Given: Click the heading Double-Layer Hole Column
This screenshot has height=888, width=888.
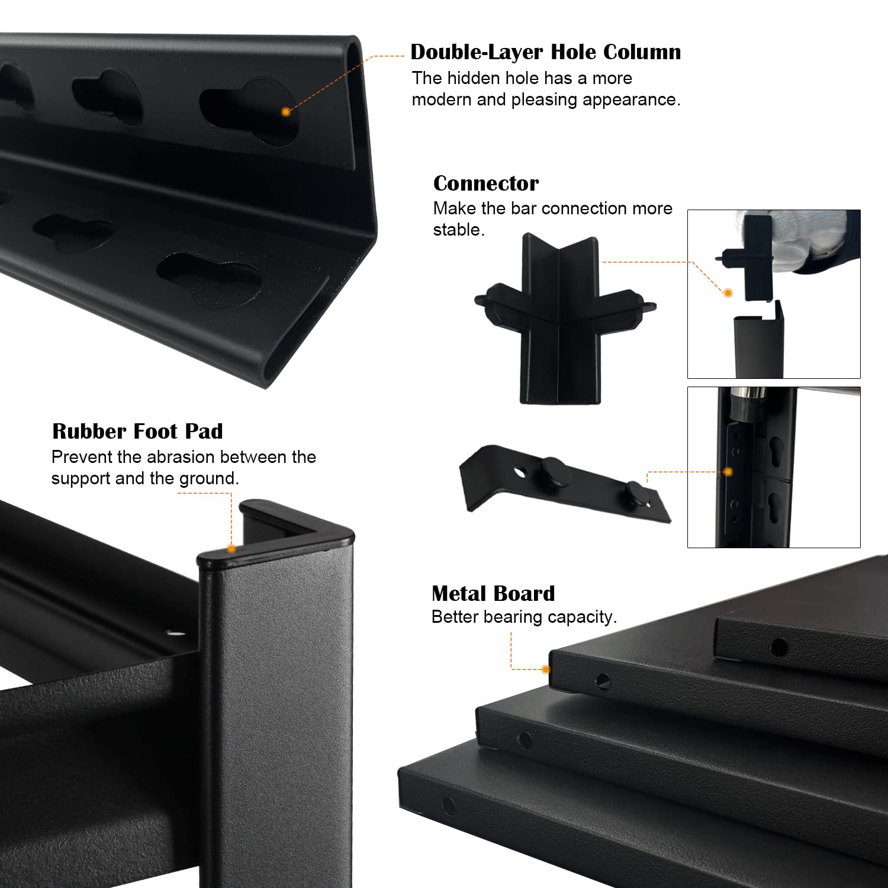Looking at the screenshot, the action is pyautogui.click(x=545, y=52).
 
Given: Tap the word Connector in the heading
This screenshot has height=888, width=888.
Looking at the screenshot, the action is pyautogui.click(x=486, y=183).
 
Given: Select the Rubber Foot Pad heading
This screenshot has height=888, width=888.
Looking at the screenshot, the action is pyautogui.click(x=137, y=431).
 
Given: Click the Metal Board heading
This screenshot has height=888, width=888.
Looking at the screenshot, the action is pyautogui.click(x=493, y=593).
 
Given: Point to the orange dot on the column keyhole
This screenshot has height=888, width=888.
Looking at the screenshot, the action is pyautogui.click(x=286, y=111).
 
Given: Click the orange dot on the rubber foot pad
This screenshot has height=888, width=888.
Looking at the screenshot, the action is pyautogui.click(x=231, y=549).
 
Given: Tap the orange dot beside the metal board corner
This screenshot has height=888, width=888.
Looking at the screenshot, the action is pyautogui.click(x=545, y=670).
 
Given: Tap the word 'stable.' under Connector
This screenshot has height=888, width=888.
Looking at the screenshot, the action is pyautogui.click(x=459, y=230).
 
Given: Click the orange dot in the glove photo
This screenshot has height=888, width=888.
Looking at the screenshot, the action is pyautogui.click(x=728, y=293).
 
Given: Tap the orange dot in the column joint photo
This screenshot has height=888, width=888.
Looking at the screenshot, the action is pyautogui.click(x=728, y=472).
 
